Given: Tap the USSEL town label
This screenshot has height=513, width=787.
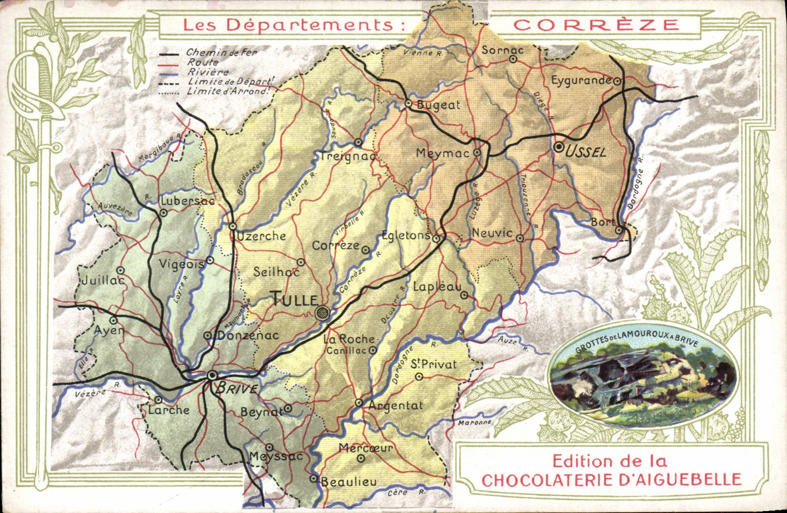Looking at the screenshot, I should tap(586, 152).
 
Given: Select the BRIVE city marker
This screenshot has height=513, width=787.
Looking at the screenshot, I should tap(212, 376).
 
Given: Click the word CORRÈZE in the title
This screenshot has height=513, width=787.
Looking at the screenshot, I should tap(596, 25).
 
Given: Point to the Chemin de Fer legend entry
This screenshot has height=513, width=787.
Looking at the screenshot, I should tap(221, 52).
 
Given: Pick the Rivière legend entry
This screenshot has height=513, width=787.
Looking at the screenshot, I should tap(208, 72).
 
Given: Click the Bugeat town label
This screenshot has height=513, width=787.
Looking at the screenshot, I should tap(438, 105).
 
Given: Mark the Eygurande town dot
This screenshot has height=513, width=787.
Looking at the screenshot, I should tap(617, 81).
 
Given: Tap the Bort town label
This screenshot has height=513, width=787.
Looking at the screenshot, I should tap(602, 222).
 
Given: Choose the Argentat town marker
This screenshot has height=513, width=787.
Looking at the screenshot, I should tap(359, 403).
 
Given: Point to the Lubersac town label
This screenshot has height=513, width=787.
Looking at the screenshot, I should tap(187, 201).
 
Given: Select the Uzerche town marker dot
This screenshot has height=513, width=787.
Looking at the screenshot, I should tap(232, 226).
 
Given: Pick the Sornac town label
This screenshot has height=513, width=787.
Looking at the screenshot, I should tap(502, 50).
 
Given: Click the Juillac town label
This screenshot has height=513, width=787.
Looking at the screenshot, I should tap(103, 280).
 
